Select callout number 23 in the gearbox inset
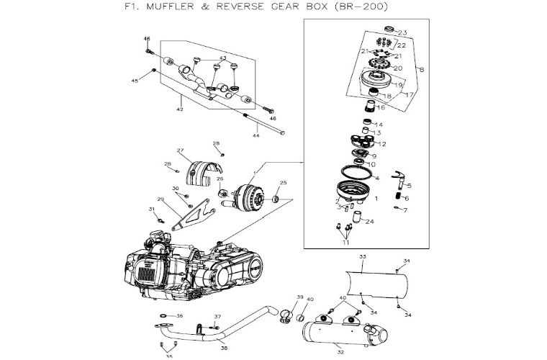402,33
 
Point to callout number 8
421,70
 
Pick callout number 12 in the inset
382,144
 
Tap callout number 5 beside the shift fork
409,166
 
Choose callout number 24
370,222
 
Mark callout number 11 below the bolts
345,243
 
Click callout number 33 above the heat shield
363,257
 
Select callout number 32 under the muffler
340,353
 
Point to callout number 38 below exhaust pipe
224,348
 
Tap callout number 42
180,109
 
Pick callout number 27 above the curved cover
181,150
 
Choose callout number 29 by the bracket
161,199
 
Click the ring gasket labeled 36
164,317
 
